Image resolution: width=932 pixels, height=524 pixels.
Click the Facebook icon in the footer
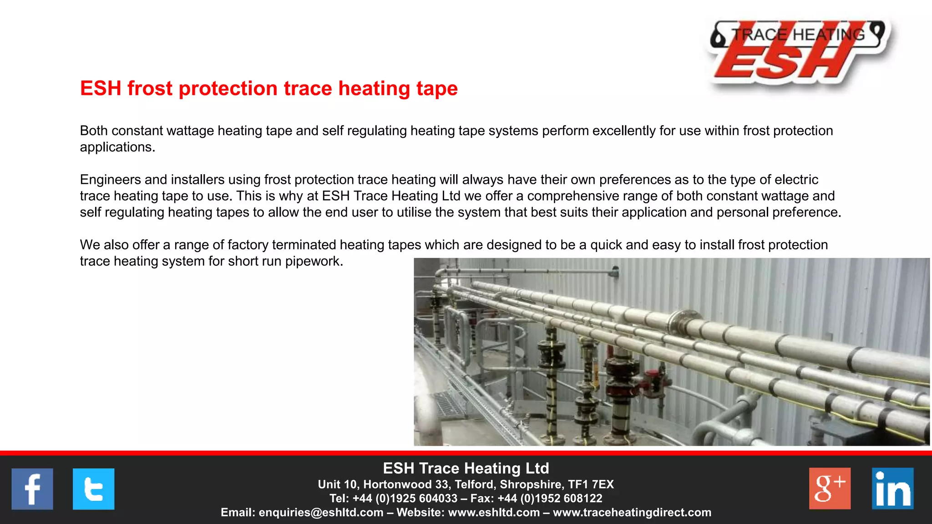[32, 489]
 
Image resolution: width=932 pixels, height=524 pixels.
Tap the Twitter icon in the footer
[93, 489]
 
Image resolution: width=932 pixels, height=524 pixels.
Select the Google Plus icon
[830, 489]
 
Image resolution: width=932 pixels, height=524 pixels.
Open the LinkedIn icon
[892, 489]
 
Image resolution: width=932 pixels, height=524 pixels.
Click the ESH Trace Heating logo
[799, 52]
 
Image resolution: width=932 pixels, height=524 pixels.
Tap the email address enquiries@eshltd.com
[321, 513]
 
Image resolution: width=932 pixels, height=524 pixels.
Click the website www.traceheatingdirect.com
[632, 513]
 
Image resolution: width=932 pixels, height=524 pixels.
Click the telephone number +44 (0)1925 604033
[405, 499]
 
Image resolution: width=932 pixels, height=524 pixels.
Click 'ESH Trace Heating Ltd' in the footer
[466, 469]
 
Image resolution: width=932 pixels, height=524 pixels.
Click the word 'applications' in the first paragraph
[116, 147]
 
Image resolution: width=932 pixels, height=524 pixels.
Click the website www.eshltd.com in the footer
[494, 513]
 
